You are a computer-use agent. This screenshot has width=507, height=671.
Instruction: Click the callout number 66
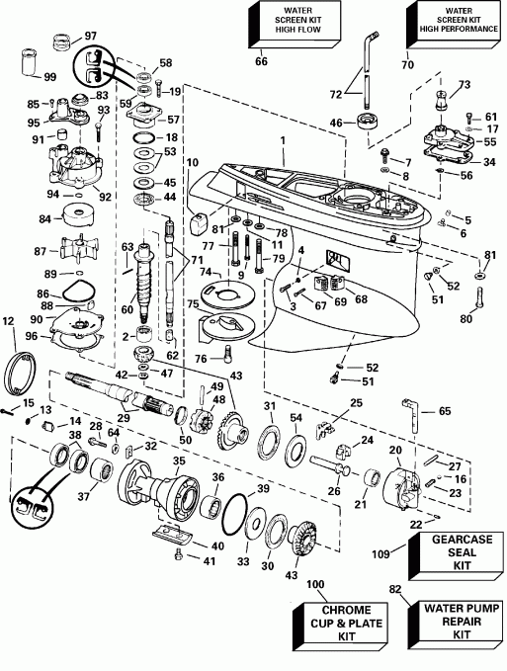point(261,62)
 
